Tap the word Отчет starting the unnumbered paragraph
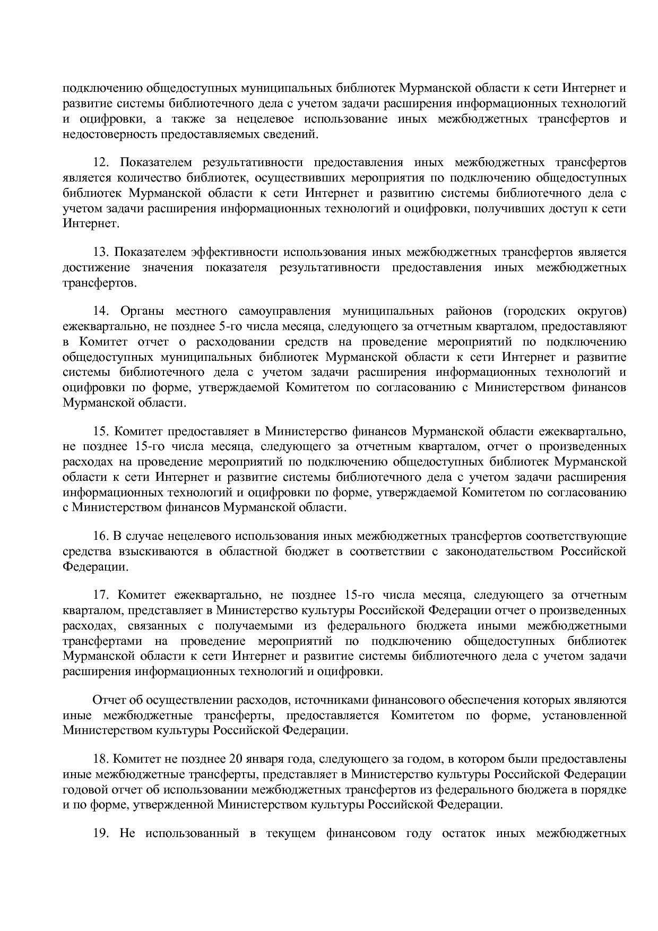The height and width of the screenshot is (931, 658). [x=110, y=700]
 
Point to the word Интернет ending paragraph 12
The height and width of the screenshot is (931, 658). [x=91, y=223]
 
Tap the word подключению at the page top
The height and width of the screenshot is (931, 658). [x=101, y=88]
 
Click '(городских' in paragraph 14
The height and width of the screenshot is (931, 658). [x=531, y=311]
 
